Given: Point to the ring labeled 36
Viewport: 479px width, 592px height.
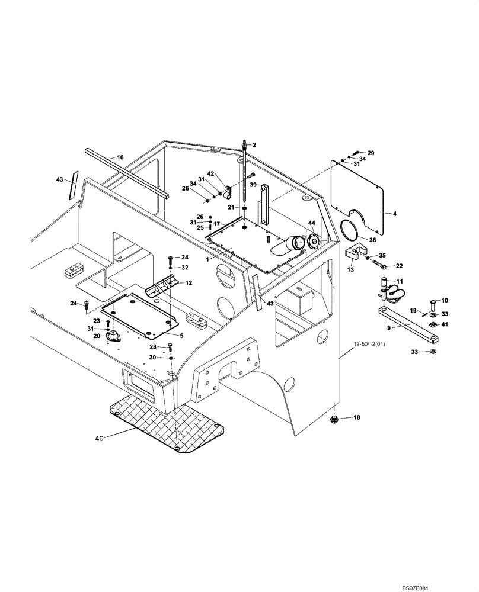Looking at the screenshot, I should pyautogui.click(x=352, y=229).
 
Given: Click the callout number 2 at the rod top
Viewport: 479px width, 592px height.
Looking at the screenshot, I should pyautogui.click(x=254, y=145).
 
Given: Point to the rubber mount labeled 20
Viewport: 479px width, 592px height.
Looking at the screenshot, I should pyautogui.click(x=111, y=337).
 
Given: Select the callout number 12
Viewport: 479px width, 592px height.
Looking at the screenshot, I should pyautogui.click(x=189, y=284).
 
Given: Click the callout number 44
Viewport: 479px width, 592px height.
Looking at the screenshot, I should pyautogui.click(x=311, y=223).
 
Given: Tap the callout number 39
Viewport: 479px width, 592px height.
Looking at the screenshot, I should pyautogui.click(x=252, y=185).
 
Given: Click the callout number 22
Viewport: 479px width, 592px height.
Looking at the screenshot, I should pyautogui.click(x=400, y=266).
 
